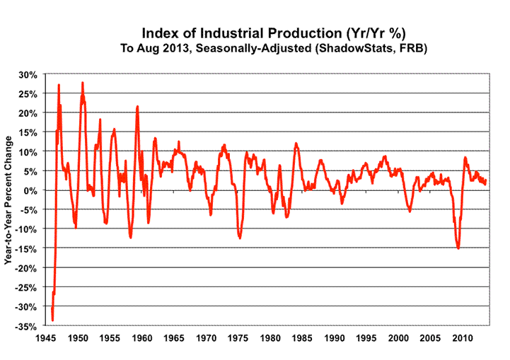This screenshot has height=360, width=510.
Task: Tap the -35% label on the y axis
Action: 28,327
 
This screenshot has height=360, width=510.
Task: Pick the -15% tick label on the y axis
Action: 28,249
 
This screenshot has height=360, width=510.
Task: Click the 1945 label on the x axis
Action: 46,338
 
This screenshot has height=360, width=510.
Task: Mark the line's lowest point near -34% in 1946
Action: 53,320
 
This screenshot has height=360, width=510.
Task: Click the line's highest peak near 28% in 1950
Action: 83,83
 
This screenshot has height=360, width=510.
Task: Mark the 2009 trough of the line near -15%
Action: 458,248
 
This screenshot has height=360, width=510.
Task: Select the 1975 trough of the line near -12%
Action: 240,238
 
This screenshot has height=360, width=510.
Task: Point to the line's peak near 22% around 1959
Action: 137,107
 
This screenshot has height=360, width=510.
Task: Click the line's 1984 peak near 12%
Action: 296,144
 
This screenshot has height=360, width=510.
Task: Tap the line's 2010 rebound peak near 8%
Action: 465,158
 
